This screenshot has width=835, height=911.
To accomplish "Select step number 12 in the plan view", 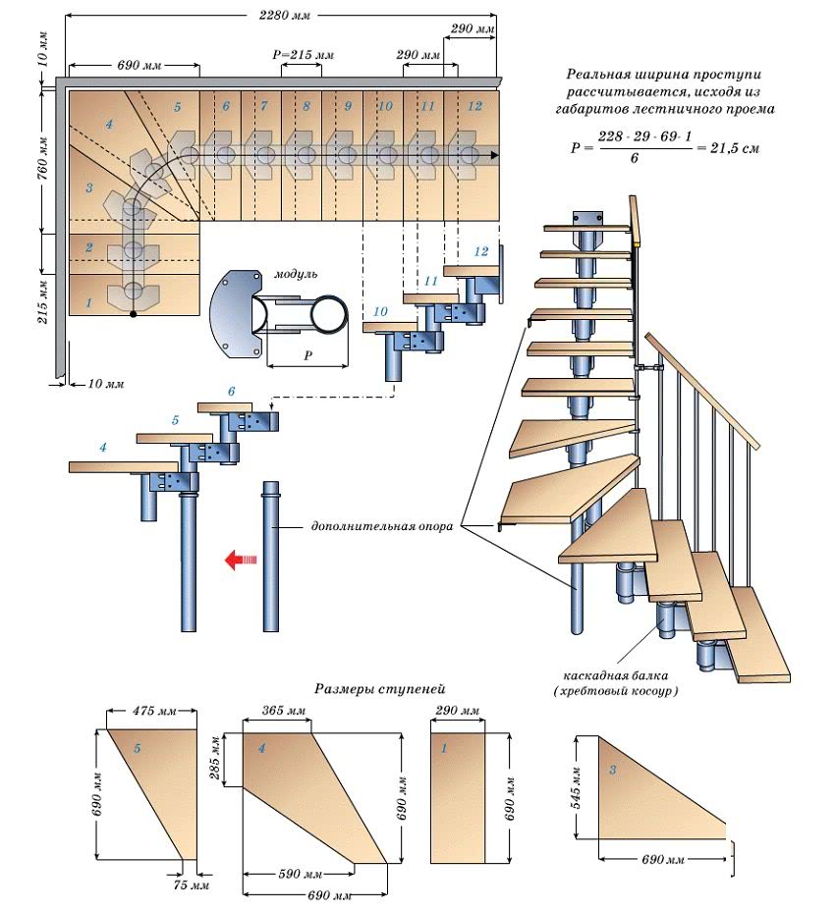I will tap(474, 105).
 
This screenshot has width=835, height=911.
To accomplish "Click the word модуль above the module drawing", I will tap(296, 275).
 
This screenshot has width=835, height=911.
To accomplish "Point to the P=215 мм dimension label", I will tap(303, 56).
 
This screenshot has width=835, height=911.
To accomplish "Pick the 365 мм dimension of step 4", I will tap(284, 711).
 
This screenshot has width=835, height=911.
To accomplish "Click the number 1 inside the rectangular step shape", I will tap(445, 748).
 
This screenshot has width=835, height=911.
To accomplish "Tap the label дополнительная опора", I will tap(381, 526).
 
